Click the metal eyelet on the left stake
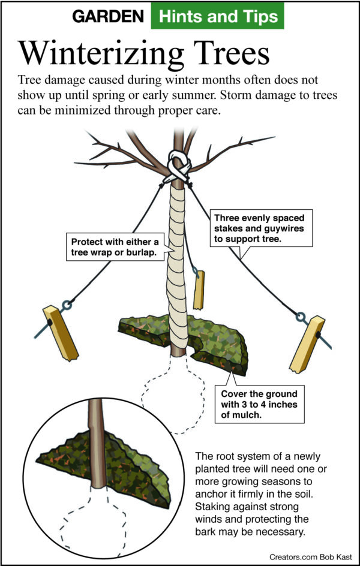(68, 305)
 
